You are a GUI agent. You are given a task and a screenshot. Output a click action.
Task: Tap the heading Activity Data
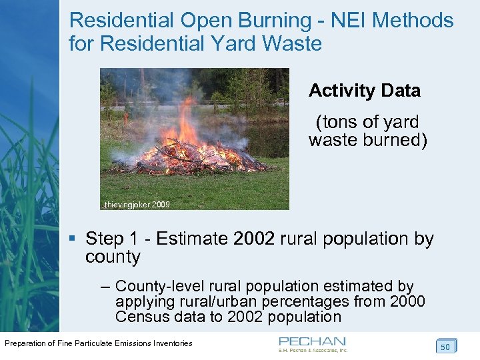[365, 91]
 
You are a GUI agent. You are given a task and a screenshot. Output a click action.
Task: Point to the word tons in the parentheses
[341, 122]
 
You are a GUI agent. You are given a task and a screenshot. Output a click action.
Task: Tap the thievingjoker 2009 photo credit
[137, 205]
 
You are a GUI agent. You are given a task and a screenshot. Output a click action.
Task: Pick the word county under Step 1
[113, 257]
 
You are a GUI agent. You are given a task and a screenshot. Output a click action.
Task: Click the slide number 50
[445, 346]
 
